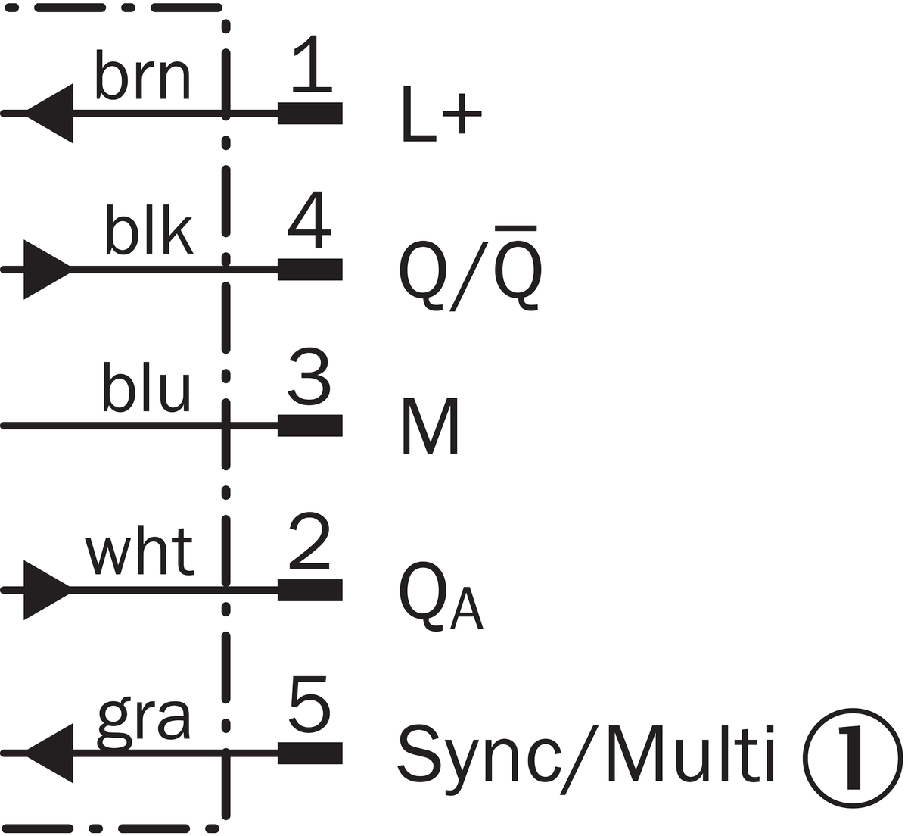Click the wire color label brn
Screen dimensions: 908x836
142,74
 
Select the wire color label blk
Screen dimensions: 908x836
149,229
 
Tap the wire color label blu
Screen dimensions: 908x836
146,386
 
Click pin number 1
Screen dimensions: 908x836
312,64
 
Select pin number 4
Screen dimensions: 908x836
309,220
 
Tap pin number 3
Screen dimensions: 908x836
309,376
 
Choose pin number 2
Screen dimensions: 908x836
309,541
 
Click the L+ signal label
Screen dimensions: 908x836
442,114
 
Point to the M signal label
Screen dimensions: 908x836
430,426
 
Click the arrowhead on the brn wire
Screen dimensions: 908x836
50,114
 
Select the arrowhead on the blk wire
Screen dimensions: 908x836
48,270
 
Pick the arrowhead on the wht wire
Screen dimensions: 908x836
48,590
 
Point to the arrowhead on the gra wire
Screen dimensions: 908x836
50,753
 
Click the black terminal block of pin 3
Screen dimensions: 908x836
310,426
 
